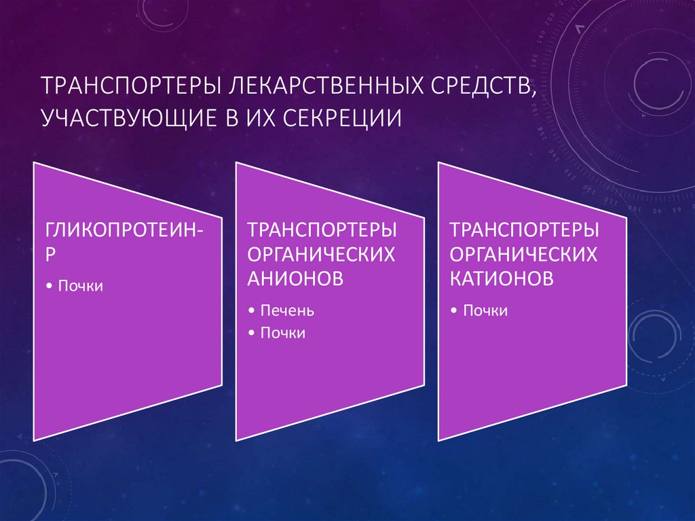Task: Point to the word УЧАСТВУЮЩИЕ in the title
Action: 128,118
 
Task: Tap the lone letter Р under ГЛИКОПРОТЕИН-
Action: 51,253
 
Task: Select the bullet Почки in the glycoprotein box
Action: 80,286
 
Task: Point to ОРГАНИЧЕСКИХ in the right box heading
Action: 524,253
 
